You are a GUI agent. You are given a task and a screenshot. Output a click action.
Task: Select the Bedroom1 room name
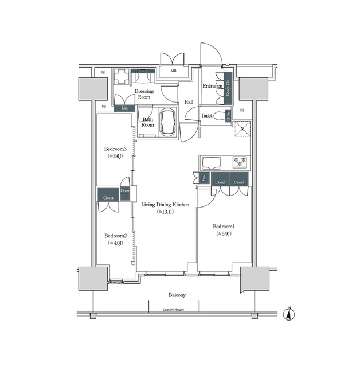click(224, 226)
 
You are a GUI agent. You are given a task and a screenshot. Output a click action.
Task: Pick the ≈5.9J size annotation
click(224, 234)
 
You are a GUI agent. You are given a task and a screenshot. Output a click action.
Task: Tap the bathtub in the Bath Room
click(169, 123)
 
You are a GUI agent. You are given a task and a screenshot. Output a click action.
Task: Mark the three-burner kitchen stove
click(240, 162)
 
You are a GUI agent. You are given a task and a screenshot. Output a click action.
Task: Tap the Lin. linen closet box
click(124, 107)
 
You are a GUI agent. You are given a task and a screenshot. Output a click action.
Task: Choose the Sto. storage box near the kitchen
click(204, 178)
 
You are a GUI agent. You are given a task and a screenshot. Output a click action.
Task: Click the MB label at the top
click(173, 72)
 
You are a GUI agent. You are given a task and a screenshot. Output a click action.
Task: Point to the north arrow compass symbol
click(290, 314)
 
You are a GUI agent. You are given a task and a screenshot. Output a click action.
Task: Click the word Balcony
click(177, 295)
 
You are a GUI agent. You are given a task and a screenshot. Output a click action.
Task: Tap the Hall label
click(189, 102)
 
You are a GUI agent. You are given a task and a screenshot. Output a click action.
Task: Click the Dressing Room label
click(143, 94)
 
